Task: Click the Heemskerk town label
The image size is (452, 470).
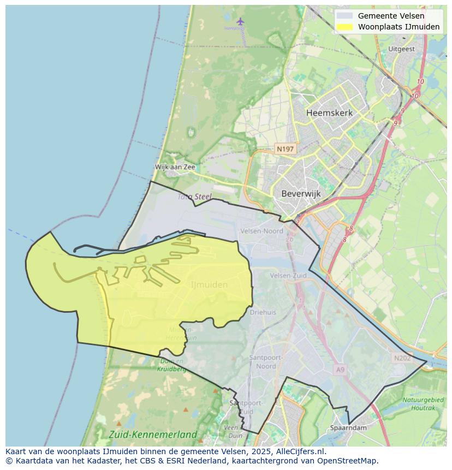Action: pos(329,113)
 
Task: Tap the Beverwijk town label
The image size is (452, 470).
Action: pos(301,193)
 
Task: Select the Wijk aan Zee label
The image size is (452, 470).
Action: pos(175,167)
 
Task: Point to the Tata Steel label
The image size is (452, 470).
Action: pos(194,196)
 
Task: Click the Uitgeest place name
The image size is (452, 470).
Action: pos(401,49)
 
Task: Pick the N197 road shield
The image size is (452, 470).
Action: pos(285,148)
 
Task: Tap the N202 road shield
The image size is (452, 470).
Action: pos(402,358)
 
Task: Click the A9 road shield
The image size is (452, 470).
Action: pos(341,370)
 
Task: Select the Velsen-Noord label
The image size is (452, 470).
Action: pos(261,231)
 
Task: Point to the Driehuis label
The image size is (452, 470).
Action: pos(263,312)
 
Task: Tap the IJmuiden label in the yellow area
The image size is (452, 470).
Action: pos(209,284)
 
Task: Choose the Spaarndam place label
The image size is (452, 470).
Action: pos(348,428)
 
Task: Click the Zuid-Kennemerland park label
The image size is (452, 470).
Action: pos(153,435)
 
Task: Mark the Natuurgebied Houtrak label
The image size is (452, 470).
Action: pos(423,404)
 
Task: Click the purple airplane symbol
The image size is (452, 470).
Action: pos(241,21)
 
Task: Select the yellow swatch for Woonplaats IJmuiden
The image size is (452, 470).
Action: pos(344,27)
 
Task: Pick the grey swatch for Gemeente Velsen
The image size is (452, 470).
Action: pos(344,16)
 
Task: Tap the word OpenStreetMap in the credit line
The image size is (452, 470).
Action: pos(347,461)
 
